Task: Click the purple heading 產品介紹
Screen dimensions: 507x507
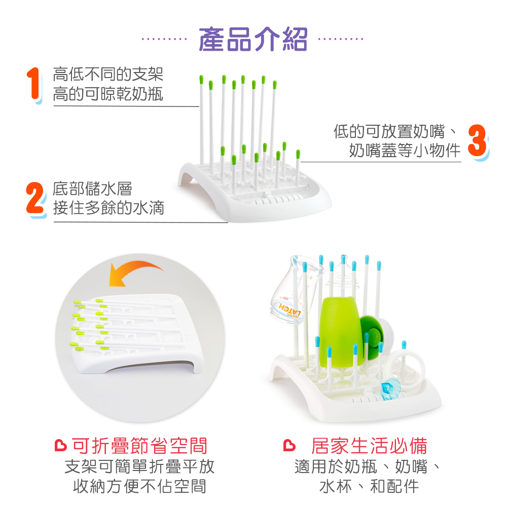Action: pyautogui.click(x=253, y=40)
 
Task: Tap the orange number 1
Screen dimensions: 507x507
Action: pyautogui.click(x=34, y=84)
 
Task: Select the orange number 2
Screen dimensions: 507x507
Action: pyautogui.click(x=35, y=199)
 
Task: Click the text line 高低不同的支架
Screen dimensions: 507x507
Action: pyautogui.click(x=108, y=75)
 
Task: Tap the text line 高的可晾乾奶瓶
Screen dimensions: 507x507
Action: pyautogui.click(x=108, y=94)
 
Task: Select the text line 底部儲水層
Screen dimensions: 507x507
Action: pyautogui.click(x=92, y=189)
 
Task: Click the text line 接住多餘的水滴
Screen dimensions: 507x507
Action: pyautogui.click(x=108, y=207)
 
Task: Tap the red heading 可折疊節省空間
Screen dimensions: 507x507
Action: pyautogui.click(x=139, y=446)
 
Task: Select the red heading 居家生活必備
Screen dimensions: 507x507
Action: pyautogui.click(x=369, y=446)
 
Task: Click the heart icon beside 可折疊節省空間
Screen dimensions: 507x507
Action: pyautogui.click(x=60, y=445)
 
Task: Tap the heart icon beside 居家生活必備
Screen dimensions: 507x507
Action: pyautogui.click(x=289, y=445)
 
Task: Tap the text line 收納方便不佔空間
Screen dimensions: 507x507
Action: pyautogui.click(x=140, y=486)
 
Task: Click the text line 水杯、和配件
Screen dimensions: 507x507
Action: pyautogui.click(x=369, y=486)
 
